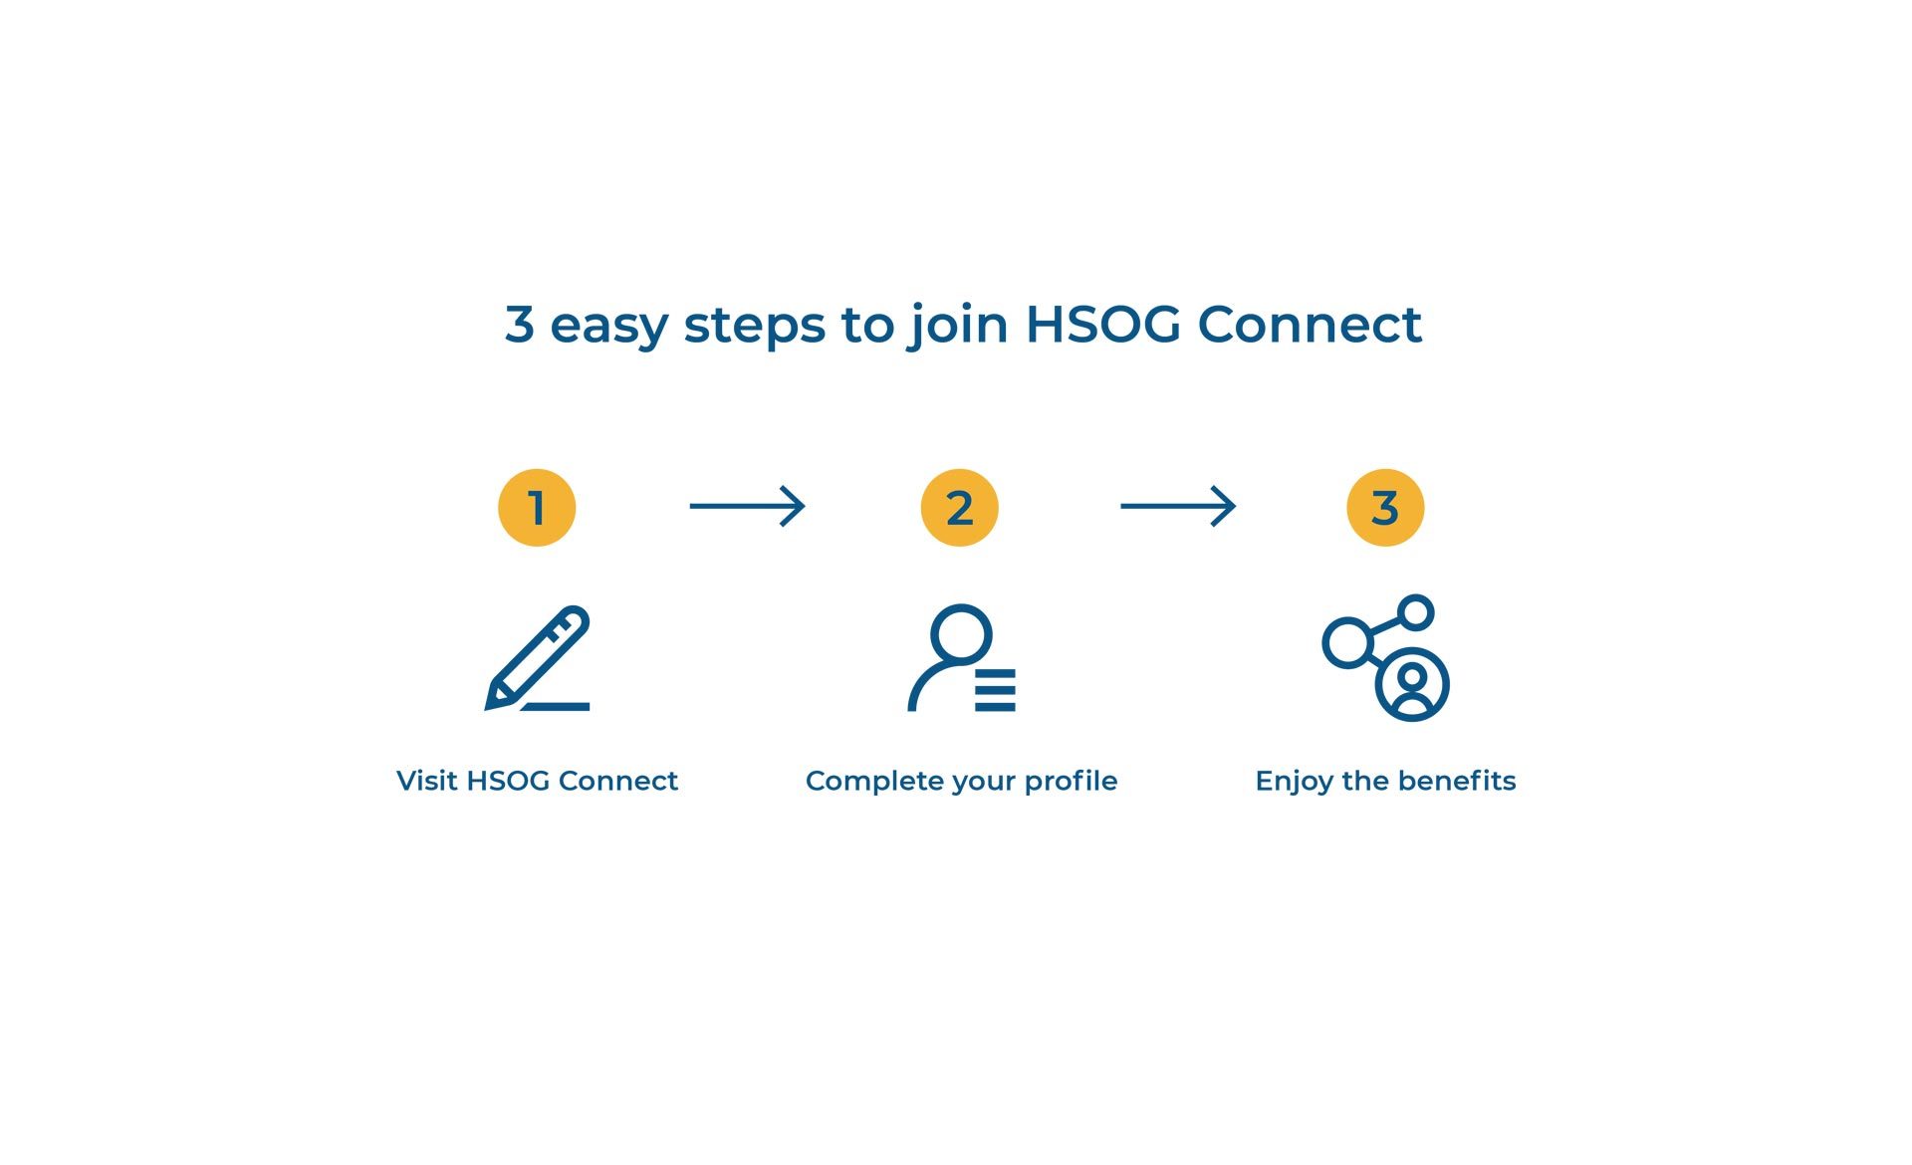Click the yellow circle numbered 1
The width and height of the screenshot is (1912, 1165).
pos(537,508)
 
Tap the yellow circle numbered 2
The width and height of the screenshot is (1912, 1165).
pos(960,508)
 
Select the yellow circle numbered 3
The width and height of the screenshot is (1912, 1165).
pos(1385,508)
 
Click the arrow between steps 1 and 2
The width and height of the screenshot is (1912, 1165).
pos(747,506)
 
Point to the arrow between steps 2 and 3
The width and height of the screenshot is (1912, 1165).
pos(1178,506)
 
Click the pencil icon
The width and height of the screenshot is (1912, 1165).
pos(538,658)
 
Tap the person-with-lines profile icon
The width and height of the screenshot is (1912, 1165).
pos(961,658)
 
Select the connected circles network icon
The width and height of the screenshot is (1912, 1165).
pos(1385,658)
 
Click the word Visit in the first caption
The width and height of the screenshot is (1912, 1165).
pos(427,781)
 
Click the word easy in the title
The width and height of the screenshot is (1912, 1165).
pos(608,327)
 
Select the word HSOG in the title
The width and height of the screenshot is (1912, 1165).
pos(1103,325)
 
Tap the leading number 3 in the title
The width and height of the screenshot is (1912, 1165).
pos(519,325)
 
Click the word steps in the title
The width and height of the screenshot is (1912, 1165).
pos(754,327)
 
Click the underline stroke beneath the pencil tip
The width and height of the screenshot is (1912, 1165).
pos(556,707)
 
